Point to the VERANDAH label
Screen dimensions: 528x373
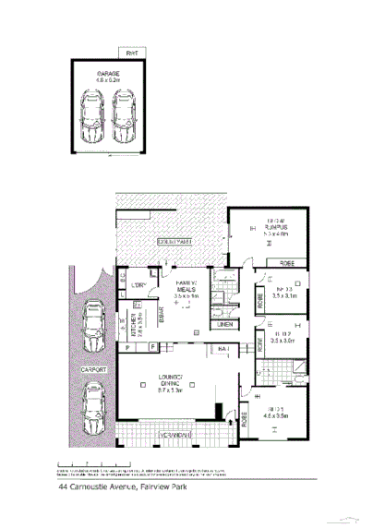[x=173, y=433]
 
